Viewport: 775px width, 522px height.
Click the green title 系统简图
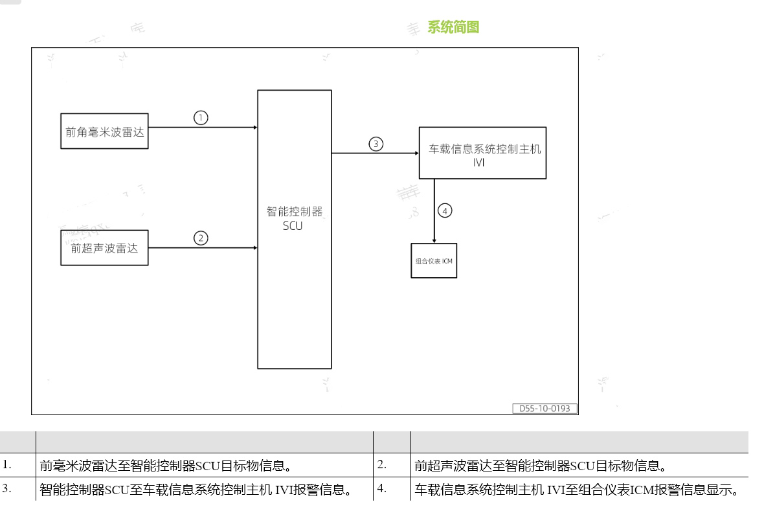[x=453, y=27]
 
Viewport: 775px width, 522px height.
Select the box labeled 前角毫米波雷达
[x=104, y=133]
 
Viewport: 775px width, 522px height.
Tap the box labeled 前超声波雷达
[x=104, y=247]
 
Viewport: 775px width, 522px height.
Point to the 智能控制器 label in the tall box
[x=295, y=212]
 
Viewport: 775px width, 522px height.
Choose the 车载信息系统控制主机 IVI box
[x=482, y=153]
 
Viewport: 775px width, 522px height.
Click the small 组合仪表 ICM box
[x=434, y=260]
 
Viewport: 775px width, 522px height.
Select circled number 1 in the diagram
[x=201, y=117]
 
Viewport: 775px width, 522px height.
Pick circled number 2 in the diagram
[x=201, y=238]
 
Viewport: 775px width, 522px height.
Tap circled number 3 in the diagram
[x=376, y=144]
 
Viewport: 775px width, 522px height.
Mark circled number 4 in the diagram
[x=444, y=210]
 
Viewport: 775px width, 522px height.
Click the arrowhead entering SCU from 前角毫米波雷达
[x=255, y=128]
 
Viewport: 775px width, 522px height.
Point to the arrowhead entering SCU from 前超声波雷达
[x=255, y=247]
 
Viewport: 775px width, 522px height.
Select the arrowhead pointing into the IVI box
[x=416, y=153]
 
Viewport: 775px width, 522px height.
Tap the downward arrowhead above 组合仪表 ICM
[x=434, y=240]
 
